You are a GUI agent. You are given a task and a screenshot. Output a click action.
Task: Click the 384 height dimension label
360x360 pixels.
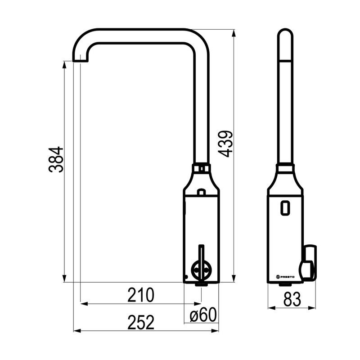56,159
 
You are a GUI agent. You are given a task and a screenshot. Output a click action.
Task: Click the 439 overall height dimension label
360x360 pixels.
225,144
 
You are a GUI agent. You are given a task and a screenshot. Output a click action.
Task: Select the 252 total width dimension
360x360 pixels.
141,322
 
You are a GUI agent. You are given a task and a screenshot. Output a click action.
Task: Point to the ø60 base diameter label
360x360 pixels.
203,315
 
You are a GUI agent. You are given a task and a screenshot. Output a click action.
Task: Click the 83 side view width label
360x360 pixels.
292,299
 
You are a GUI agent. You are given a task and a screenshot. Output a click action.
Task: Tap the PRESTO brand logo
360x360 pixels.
285,277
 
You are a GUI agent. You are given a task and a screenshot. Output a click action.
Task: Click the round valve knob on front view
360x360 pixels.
200,271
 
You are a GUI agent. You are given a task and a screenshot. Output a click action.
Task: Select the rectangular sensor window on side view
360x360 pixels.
285,207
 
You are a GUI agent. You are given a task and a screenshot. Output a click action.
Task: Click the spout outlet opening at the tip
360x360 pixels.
80,61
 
